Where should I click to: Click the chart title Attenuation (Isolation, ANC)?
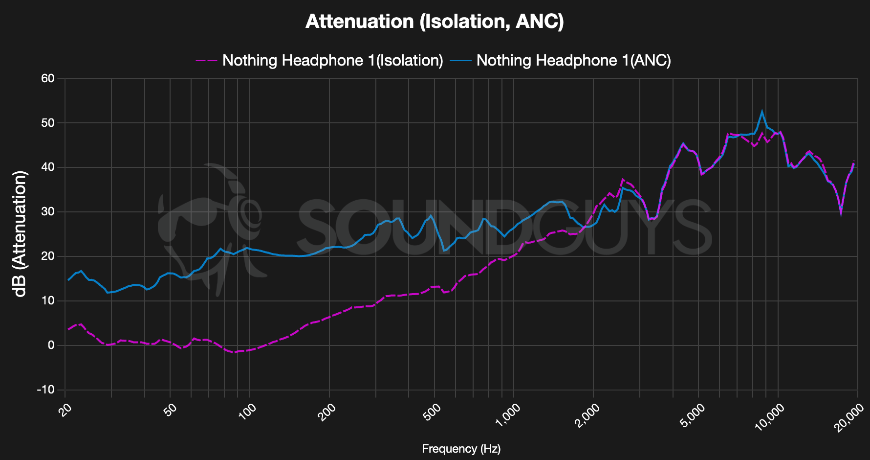(435, 22)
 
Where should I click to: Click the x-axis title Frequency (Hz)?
(461, 449)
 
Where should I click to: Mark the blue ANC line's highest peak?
(761, 112)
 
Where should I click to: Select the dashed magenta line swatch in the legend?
(206, 61)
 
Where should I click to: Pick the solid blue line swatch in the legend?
(460, 61)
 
